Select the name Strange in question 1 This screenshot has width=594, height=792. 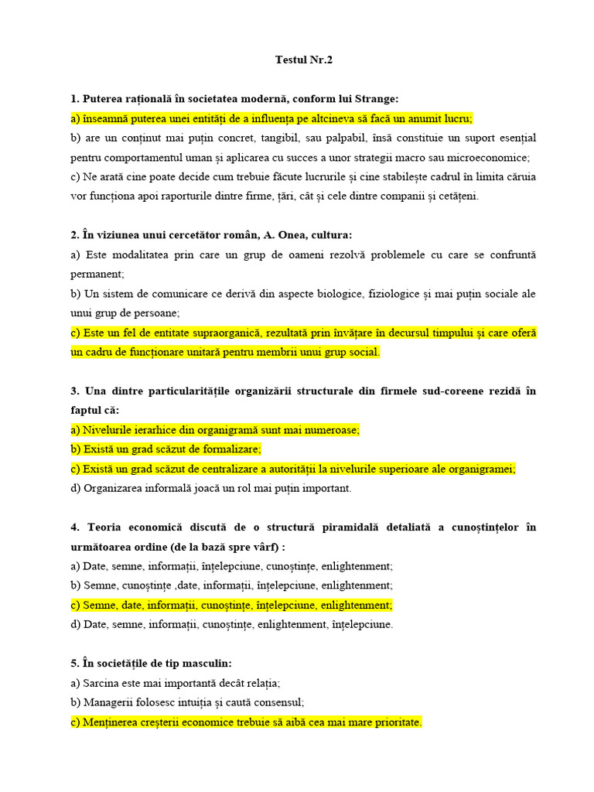click(377, 99)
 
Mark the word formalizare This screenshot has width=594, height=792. click(229, 449)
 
